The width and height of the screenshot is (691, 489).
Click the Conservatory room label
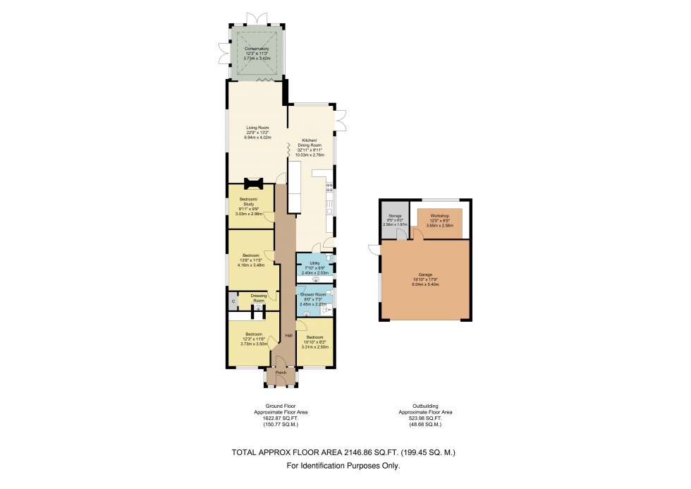coord(257,49)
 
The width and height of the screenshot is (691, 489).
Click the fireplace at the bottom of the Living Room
coord(253,184)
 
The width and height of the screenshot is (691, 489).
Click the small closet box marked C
coord(233,301)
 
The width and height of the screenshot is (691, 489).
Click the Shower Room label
coord(314,294)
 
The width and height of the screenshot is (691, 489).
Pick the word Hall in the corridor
coord(288,335)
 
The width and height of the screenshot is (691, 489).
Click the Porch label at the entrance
coord(281,373)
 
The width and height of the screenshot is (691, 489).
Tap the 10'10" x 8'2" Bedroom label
coord(314,339)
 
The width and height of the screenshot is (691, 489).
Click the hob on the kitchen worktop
coord(329,186)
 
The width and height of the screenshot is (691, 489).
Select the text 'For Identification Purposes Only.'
coord(343,466)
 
